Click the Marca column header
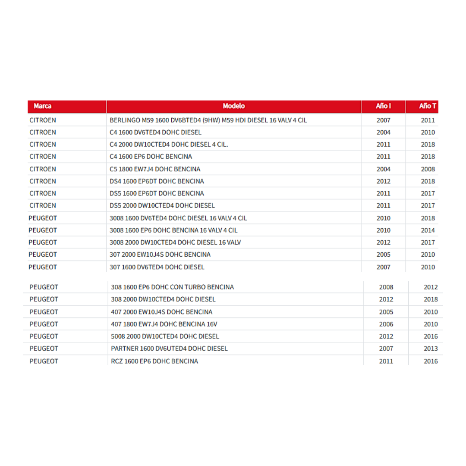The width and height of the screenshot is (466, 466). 42,106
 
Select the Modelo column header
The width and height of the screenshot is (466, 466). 233,106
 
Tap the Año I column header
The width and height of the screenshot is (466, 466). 383,106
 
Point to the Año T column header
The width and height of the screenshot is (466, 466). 427,106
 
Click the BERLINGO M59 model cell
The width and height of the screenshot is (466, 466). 208,120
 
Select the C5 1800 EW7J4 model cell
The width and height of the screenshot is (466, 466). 155,169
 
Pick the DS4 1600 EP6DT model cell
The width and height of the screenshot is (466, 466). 157,181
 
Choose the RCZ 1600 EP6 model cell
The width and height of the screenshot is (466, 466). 154,361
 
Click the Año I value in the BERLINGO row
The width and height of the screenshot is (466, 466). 383,120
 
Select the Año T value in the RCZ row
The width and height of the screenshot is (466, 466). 431,361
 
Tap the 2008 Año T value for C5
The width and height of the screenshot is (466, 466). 428,169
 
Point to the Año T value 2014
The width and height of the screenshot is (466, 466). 428,230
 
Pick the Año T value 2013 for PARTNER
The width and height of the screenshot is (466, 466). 431,348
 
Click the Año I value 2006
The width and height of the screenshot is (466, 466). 386,324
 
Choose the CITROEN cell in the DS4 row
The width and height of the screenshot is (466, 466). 43,181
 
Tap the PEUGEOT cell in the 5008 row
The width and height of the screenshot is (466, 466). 44,336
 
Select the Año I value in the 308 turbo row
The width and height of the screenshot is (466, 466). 386,287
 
